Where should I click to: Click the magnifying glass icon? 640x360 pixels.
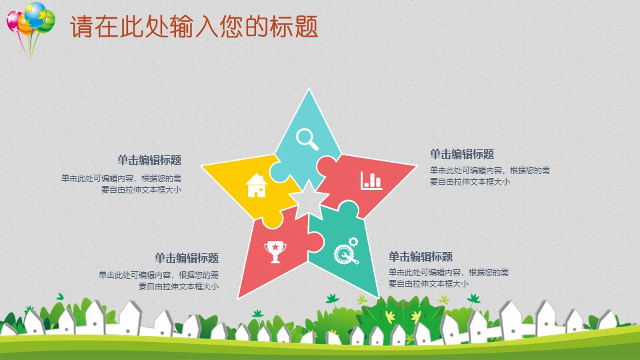pyautogui.click(x=307, y=138)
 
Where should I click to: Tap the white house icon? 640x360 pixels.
pyautogui.click(x=256, y=185)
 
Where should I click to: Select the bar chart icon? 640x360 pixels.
pyautogui.click(x=371, y=180)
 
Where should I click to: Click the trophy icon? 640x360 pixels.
pyautogui.click(x=274, y=251)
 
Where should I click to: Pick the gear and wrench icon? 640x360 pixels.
pyautogui.click(x=346, y=251)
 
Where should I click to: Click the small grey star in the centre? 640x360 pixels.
pyautogui.click(x=308, y=197)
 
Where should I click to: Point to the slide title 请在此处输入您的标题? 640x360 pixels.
pyautogui.click(x=193, y=27)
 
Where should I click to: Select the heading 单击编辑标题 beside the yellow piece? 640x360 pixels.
pyautogui.click(x=149, y=160)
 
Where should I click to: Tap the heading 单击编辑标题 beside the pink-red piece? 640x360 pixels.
pyautogui.click(x=462, y=154)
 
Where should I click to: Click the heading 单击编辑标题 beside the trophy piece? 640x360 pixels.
pyautogui.click(x=187, y=258)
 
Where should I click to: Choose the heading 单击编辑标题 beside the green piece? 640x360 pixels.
pyautogui.click(x=421, y=257)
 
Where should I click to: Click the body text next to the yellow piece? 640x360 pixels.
pyautogui.click(x=121, y=183)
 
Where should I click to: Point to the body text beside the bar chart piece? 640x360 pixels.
pyautogui.click(x=490, y=175)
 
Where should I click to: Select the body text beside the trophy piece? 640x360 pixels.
pyautogui.click(x=159, y=280)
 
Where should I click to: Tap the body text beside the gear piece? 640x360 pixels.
pyautogui.click(x=449, y=278)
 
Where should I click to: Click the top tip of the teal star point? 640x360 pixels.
pyautogui.click(x=308, y=90)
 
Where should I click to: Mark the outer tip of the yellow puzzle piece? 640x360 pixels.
pyautogui.click(x=203, y=165)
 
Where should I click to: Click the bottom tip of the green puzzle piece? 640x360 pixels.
pyautogui.click(x=377, y=295)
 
